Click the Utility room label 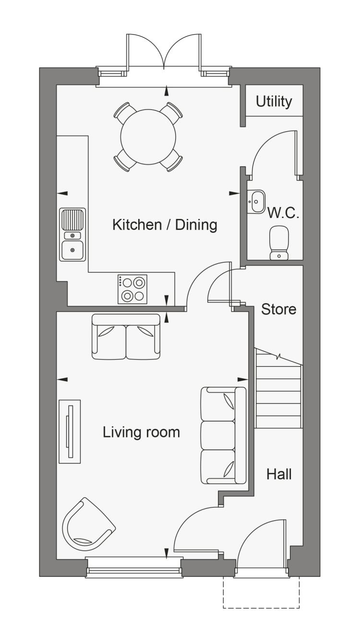274,102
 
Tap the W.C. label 283,213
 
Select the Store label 278,309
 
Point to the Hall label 279,474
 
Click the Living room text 141,432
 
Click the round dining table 148,137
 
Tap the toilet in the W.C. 279,243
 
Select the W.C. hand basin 255,202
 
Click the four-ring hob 132,289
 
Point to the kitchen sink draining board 72,219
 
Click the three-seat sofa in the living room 224,435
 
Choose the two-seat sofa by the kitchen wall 126,337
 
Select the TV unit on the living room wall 70,431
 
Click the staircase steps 278,388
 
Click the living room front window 134,566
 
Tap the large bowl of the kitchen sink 72,250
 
